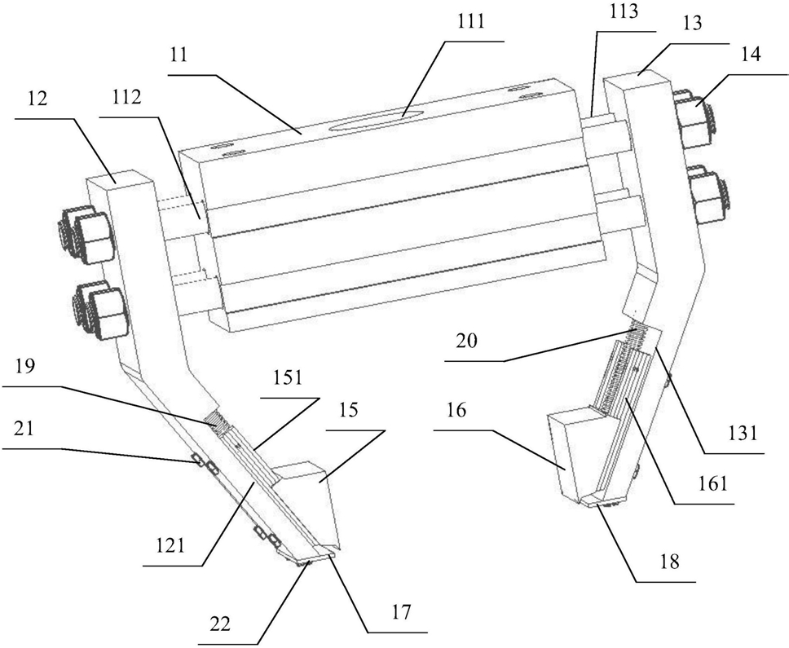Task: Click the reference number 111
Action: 472,21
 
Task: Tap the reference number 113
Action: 624,11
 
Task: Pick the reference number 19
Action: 25,367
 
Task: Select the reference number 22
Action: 220,624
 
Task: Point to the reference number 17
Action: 402,612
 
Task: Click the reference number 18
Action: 670,562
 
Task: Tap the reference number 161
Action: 713,483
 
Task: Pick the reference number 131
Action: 743,433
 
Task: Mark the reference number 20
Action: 467,342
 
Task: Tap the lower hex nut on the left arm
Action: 100,312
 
